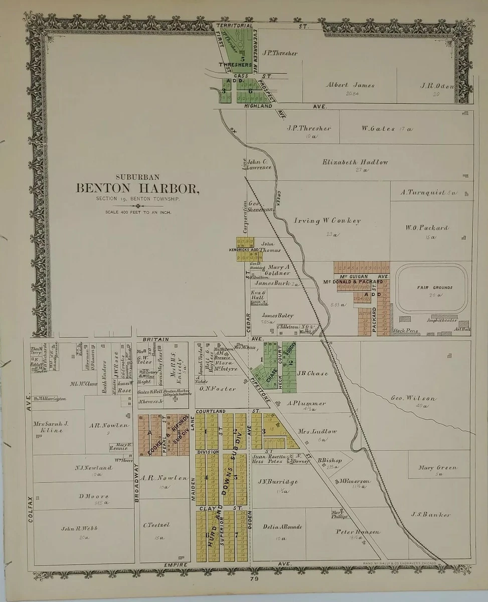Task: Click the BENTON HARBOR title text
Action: point(137,189)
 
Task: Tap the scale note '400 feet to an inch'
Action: point(138,212)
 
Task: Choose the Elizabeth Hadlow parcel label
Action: point(355,162)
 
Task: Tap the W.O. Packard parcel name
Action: point(427,228)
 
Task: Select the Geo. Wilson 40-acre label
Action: point(414,398)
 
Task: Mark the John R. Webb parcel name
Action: point(79,528)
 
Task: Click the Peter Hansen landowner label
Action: point(358,532)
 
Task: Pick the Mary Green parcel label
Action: point(438,468)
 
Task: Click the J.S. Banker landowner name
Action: point(430,514)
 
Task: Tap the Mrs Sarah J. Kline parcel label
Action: point(51,427)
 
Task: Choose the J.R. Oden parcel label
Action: point(436,85)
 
